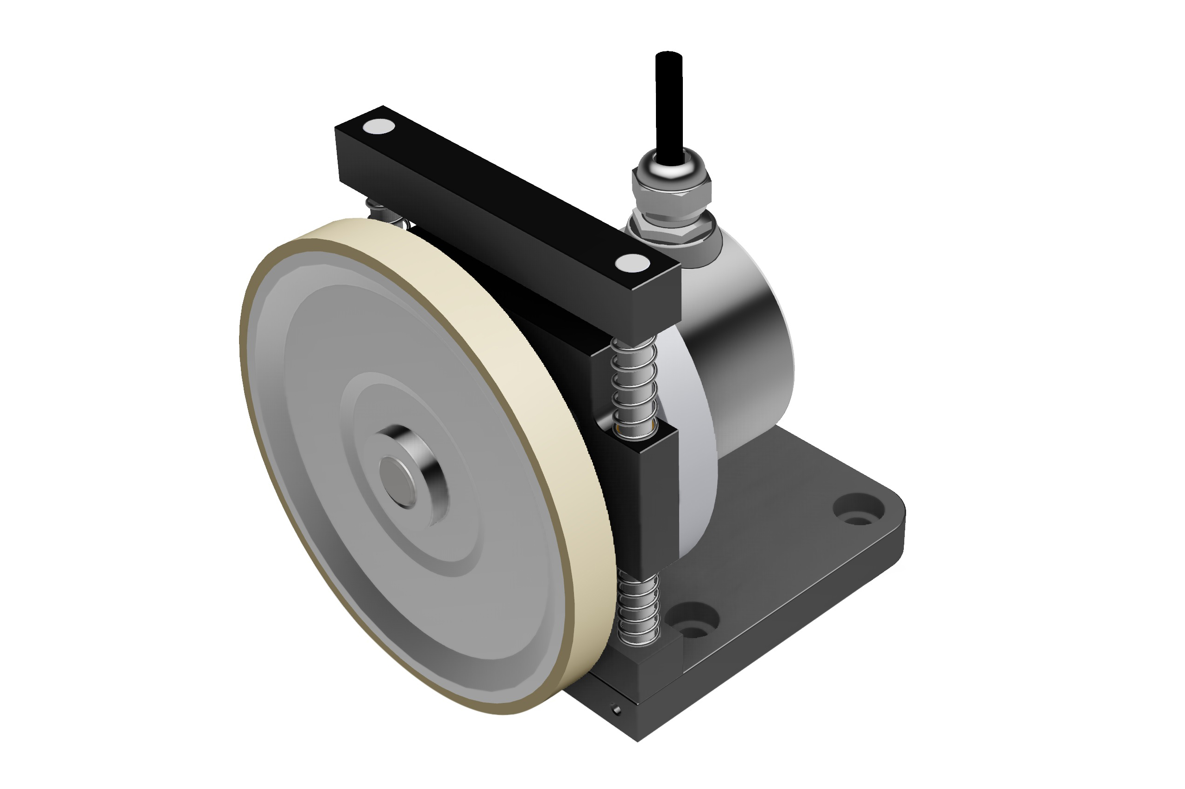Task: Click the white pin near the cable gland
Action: tap(632, 263)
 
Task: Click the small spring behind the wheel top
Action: tap(385, 211)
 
